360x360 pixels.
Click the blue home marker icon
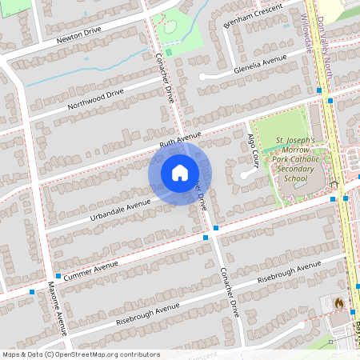[180, 173]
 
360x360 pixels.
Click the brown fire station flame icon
[338, 304]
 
